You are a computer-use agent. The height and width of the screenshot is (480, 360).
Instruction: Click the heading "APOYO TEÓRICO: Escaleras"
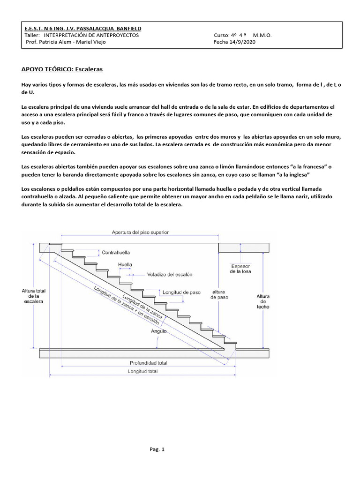click(x=62, y=69)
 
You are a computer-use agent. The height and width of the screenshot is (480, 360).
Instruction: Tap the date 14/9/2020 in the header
click(x=243, y=42)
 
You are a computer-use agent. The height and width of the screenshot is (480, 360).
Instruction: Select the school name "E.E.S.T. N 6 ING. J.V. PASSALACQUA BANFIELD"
click(x=82, y=29)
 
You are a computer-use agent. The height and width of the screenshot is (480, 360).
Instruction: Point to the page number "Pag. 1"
click(x=157, y=450)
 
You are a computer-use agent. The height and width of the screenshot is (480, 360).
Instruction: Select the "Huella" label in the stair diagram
click(x=125, y=264)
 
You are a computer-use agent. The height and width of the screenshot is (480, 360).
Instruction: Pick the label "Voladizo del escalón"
click(x=170, y=274)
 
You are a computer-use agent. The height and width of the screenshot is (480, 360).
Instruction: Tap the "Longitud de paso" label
click(x=181, y=292)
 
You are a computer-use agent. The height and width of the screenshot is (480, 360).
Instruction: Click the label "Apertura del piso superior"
click(x=140, y=232)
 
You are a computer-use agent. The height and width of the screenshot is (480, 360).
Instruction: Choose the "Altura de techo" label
click(x=263, y=302)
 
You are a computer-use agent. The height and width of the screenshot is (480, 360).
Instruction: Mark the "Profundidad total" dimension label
click(x=148, y=363)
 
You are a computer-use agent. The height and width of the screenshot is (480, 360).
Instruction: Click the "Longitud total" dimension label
click(x=142, y=371)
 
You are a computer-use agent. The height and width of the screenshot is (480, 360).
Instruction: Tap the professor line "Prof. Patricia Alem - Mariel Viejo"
click(x=66, y=42)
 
